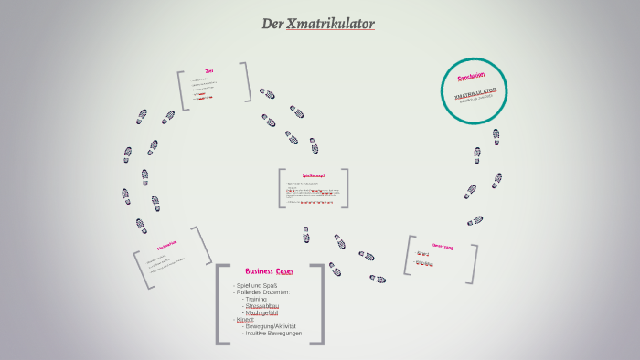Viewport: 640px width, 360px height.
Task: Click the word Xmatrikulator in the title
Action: click(x=330, y=23)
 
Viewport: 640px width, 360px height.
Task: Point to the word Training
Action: click(x=256, y=299)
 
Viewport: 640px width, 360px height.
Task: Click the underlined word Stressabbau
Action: click(x=261, y=306)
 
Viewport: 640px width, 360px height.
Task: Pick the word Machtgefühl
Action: click(x=261, y=312)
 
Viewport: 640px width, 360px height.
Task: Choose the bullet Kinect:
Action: click(x=244, y=320)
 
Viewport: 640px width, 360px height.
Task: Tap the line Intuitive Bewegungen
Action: click(x=272, y=334)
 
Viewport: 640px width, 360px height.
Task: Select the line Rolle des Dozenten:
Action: click(x=262, y=292)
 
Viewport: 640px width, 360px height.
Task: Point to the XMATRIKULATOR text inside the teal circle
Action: click(x=475, y=92)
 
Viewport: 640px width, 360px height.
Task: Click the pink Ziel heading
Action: click(x=209, y=71)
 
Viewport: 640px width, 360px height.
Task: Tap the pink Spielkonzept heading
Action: click(x=314, y=175)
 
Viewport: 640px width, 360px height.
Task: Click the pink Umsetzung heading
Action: click(x=443, y=246)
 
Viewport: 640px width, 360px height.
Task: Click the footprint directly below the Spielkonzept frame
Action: click(x=306, y=212)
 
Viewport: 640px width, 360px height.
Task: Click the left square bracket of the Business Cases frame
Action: click(x=220, y=304)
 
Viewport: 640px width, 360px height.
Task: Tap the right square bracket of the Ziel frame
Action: click(x=246, y=82)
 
